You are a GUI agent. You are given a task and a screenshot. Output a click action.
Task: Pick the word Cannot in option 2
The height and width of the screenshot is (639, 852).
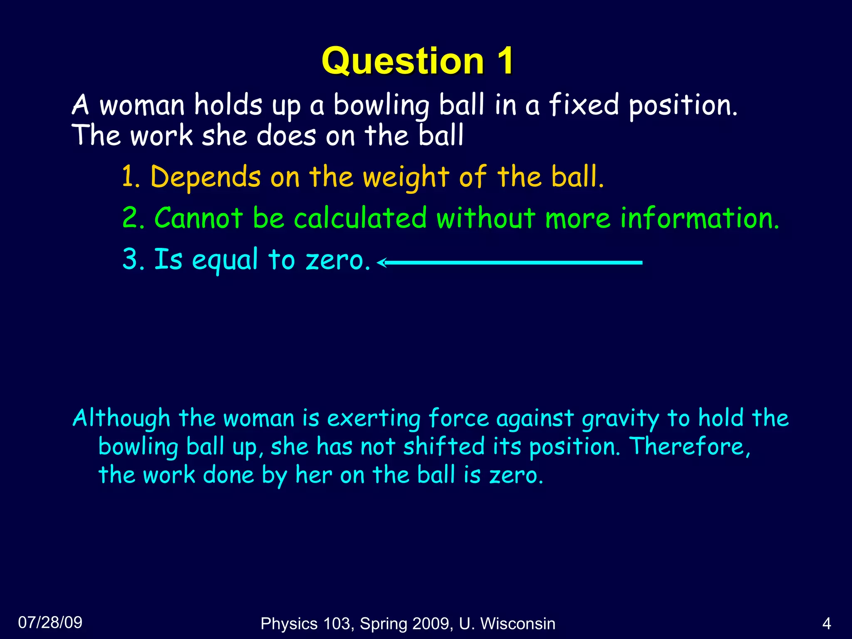pyautogui.click(x=198, y=218)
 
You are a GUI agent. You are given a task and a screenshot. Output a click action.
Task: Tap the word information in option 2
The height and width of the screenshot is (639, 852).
pyautogui.click(x=700, y=218)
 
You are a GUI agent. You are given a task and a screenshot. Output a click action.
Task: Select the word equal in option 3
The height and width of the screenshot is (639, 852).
pyautogui.click(x=225, y=260)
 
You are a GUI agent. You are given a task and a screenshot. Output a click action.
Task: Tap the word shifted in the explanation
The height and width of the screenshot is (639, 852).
pyautogui.click(x=444, y=447)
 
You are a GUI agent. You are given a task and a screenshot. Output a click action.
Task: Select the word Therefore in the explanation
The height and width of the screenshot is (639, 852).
pyautogui.click(x=689, y=447)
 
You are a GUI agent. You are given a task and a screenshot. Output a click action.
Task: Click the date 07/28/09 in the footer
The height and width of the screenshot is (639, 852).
pyautogui.click(x=50, y=622)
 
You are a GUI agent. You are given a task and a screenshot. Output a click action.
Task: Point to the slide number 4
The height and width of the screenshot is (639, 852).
pyautogui.click(x=827, y=624)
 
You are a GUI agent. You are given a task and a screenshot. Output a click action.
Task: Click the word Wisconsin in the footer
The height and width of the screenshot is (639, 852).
pyautogui.click(x=518, y=624)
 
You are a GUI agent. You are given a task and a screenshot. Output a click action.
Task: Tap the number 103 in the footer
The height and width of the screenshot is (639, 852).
pyautogui.click(x=339, y=624)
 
